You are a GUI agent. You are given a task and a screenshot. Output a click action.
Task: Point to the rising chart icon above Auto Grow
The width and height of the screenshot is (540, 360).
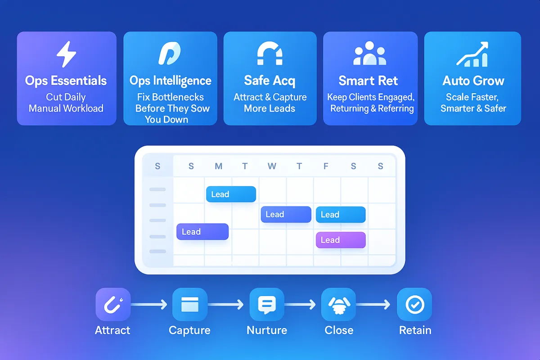point(472,54)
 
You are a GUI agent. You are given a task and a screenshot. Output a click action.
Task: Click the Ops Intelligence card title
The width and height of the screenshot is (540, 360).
point(170,81)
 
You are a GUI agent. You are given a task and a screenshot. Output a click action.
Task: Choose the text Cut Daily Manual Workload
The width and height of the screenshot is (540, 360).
point(66,103)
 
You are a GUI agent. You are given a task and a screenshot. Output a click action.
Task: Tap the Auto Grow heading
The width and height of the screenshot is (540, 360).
point(473,81)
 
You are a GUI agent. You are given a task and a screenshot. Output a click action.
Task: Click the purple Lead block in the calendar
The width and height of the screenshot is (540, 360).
point(341,240)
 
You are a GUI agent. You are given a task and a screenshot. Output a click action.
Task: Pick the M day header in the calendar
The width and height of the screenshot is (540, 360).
point(218,166)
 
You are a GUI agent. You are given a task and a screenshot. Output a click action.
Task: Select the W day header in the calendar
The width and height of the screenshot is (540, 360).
point(272,166)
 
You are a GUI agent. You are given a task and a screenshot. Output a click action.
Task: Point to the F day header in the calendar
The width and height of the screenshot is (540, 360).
point(326,166)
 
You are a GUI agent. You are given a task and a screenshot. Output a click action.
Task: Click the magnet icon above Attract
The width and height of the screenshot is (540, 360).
point(112,305)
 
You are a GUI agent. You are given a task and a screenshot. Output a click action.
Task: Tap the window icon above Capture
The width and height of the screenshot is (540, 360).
point(189,305)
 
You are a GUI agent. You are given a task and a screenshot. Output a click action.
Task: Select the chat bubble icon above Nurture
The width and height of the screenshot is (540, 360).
point(266,305)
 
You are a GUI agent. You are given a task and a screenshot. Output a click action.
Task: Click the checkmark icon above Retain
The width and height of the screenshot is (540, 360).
point(414,305)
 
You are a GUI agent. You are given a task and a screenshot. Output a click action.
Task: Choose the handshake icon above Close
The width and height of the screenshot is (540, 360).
point(338,305)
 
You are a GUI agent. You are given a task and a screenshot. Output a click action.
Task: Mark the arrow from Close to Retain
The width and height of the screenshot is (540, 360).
point(373,305)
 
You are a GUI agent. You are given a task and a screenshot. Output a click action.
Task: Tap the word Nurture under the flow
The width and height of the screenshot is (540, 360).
point(267,330)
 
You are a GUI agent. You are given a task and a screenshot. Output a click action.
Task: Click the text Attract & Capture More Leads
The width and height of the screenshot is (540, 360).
point(270,103)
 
